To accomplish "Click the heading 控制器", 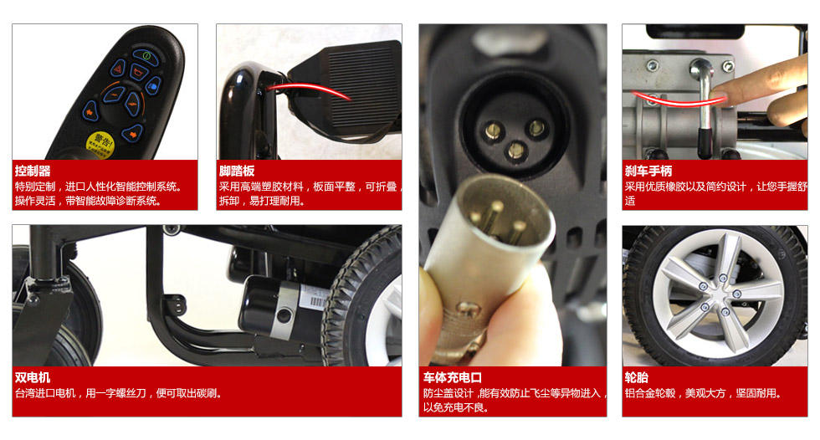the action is pos(33,171).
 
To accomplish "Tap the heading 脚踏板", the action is pos(237,171).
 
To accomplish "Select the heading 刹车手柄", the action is pos(648,171).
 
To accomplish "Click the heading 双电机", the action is pos(33,378).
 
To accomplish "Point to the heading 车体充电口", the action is pos(453,378).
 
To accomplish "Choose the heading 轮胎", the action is pos(637,378).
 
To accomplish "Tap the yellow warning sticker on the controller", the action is pos(100,145).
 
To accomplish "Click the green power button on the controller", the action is pos(147,55).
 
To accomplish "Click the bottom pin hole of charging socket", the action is pos(516,151).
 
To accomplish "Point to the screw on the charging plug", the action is pos(466,309).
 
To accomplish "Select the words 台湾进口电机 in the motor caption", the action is pos(45,393).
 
